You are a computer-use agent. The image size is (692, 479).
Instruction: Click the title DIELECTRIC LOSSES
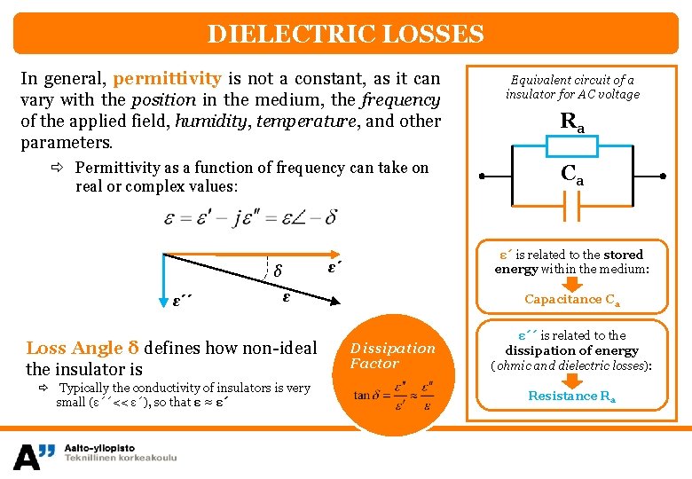[346, 35]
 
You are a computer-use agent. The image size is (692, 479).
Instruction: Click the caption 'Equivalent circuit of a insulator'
[572, 87]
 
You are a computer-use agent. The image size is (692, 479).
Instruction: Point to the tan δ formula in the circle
[394, 397]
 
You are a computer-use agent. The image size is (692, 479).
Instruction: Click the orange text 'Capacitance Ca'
[572, 300]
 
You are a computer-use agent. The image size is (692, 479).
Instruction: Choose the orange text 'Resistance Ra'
[572, 397]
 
